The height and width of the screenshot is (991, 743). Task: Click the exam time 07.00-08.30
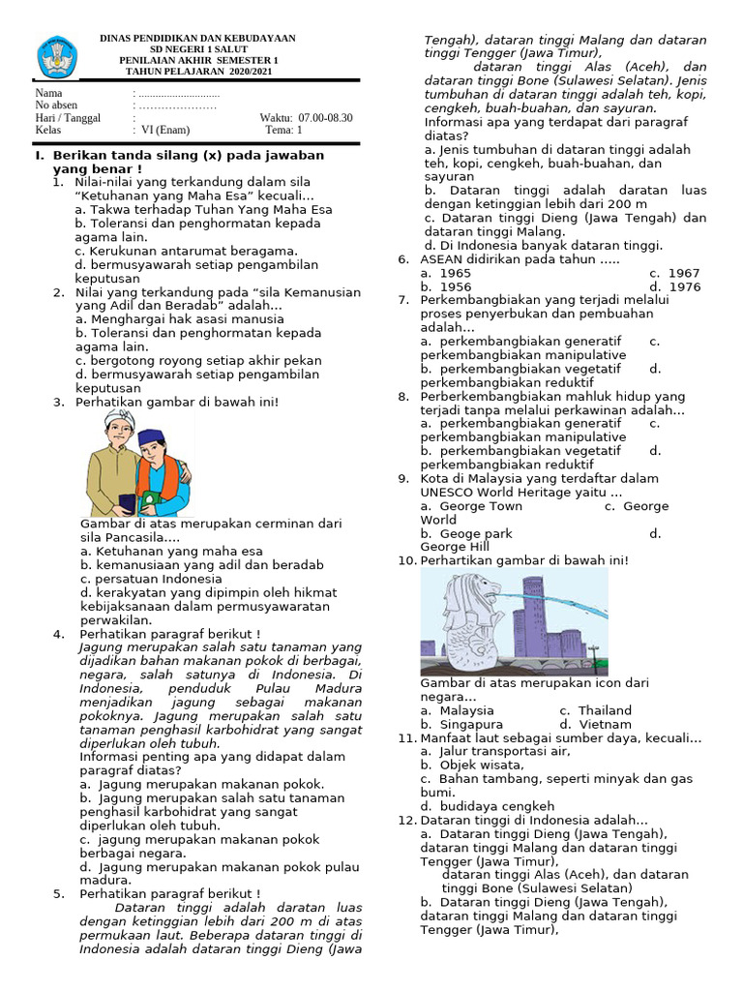326,118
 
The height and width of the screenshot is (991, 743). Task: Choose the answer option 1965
455,273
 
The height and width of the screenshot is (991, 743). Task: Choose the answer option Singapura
470,724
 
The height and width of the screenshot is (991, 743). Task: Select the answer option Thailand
605,710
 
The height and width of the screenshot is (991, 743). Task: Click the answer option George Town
480,506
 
